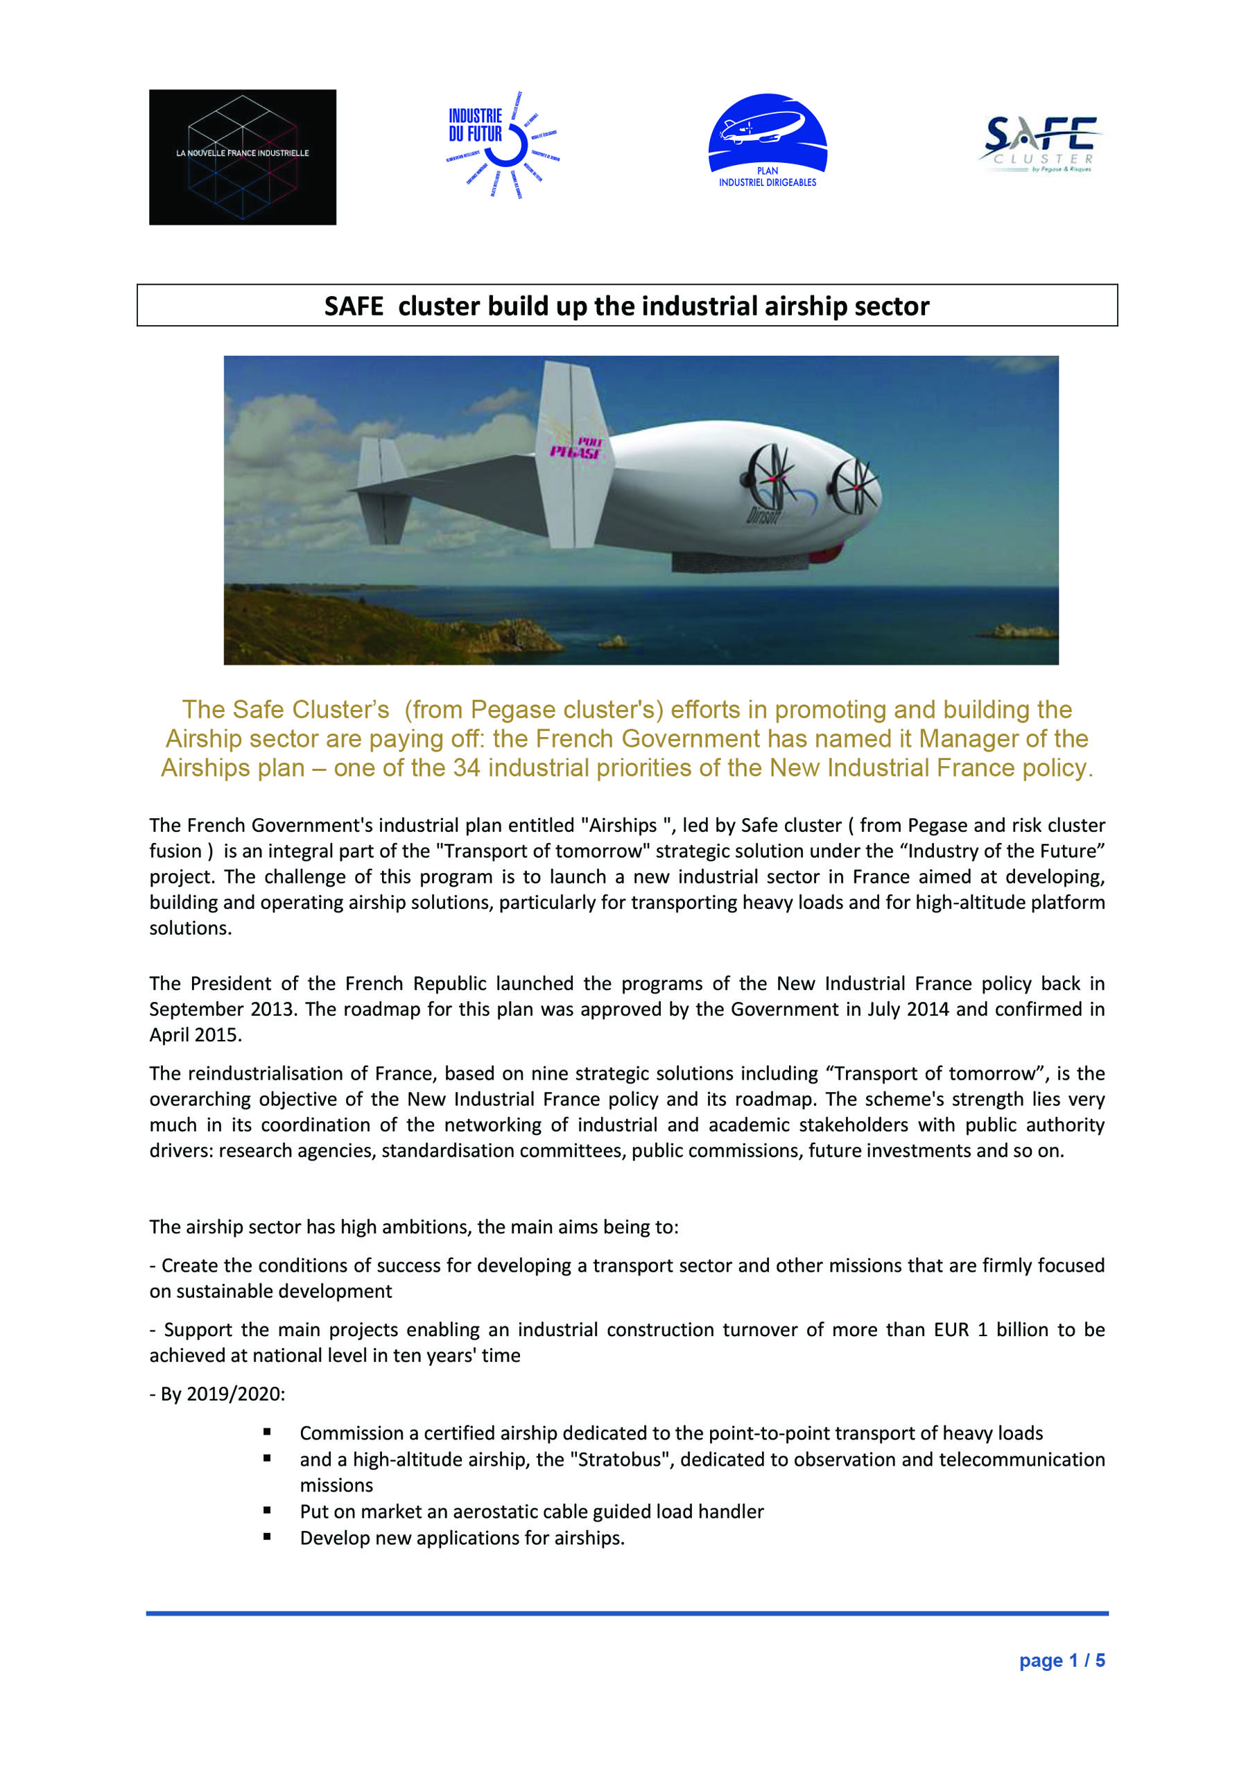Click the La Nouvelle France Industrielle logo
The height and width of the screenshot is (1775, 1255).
(x=242, y=157)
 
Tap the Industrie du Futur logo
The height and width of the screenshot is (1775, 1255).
(x=501, y=143)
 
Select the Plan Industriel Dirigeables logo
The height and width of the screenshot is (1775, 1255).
(x=767, y=141)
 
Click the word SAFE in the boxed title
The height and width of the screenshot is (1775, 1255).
(x=354, y=306)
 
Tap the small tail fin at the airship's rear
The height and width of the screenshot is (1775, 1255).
(x=383, y=490)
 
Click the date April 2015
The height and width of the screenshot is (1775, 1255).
(x=196, y=1034)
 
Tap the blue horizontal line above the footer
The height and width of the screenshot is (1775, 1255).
(x=626, y=1613)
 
